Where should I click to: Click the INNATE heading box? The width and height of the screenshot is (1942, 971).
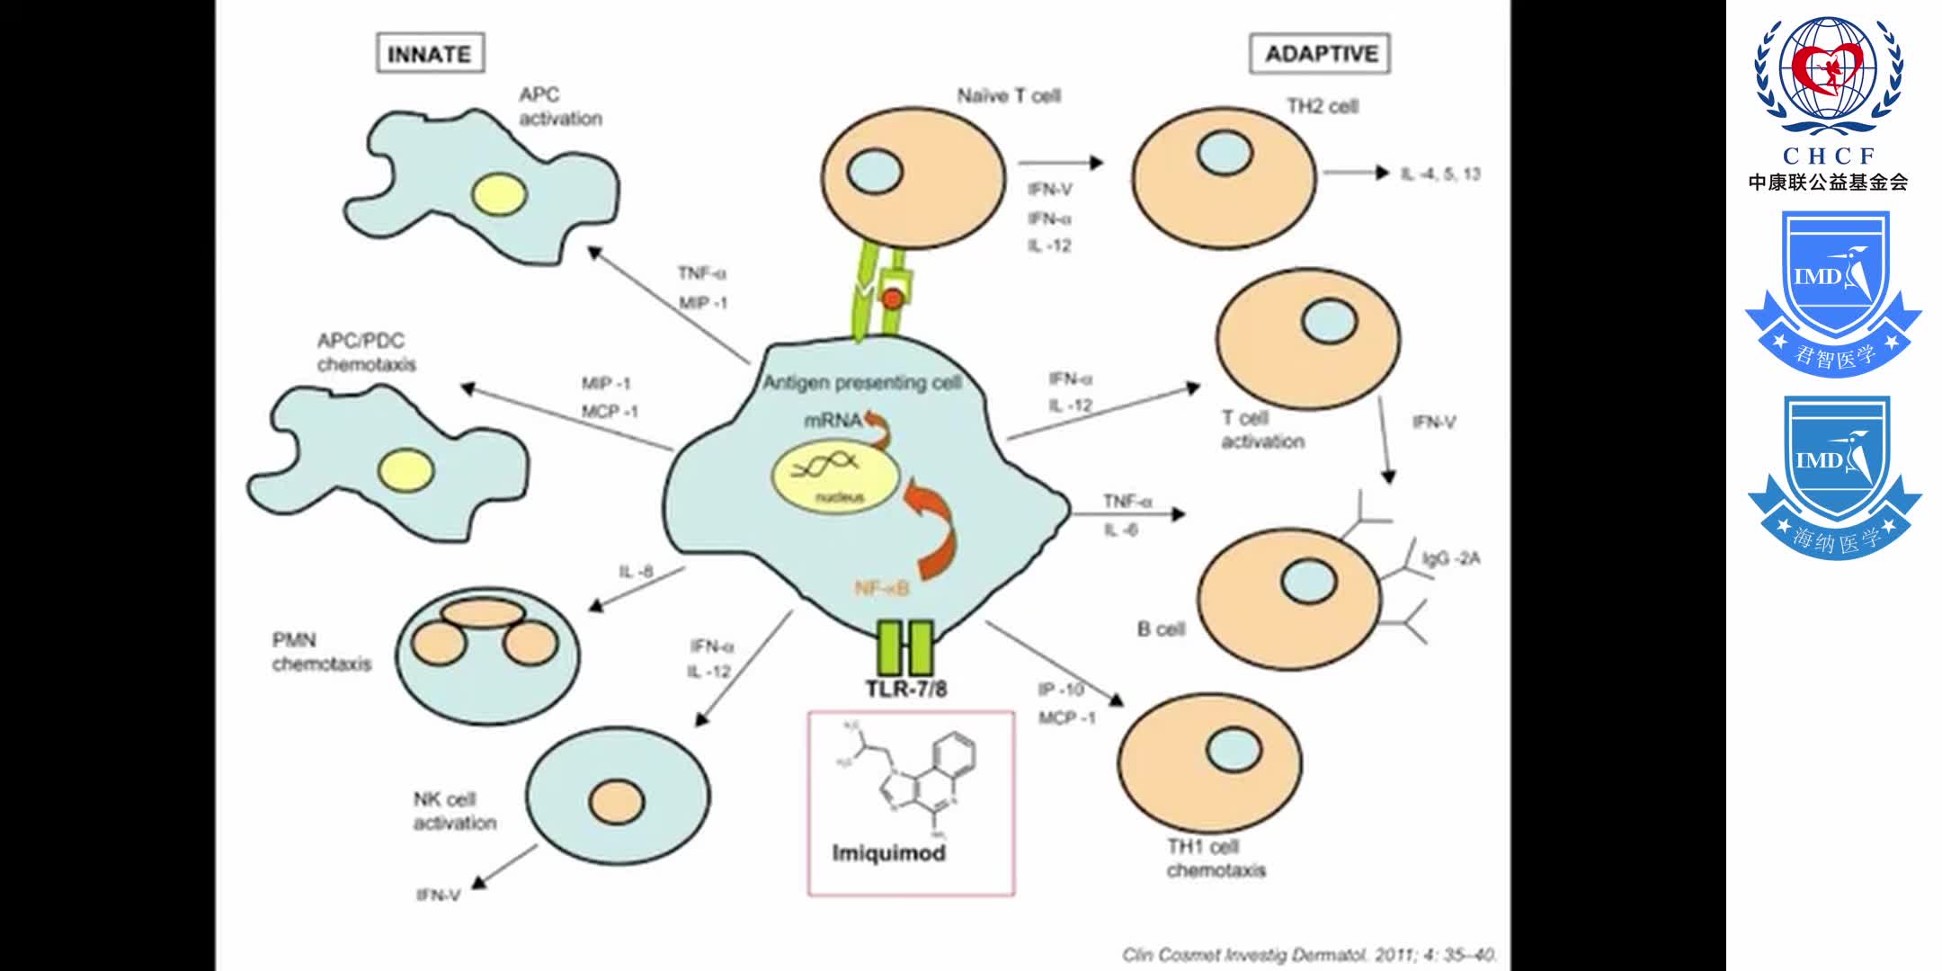tap(430, 53)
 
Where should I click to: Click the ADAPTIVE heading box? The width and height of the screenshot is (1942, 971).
tap(1320, 53)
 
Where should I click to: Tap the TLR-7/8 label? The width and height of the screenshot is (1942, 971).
tap(905, 690)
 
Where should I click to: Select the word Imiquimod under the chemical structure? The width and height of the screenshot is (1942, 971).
tap(888, 852)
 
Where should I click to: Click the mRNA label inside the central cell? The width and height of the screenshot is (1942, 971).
tap(832, 420)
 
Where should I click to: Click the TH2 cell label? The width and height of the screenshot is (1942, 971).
tap(1322, 106)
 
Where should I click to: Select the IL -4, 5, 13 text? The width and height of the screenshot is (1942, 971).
tap(1439, 174)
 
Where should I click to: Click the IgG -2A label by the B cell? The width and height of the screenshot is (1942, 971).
tap(1450, 558)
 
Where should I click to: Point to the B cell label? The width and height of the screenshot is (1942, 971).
tap(1161, 629)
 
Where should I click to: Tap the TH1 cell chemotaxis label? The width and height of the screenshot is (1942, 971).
tap(1215, 859)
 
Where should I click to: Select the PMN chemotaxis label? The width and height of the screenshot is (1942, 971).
tap(321, 652)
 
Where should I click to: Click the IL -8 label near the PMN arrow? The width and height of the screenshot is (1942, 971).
tap(636, 572)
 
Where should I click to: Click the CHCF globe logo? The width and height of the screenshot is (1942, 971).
tap(1828, 76)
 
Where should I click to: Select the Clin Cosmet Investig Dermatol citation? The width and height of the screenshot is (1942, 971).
tap(1309, 955)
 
